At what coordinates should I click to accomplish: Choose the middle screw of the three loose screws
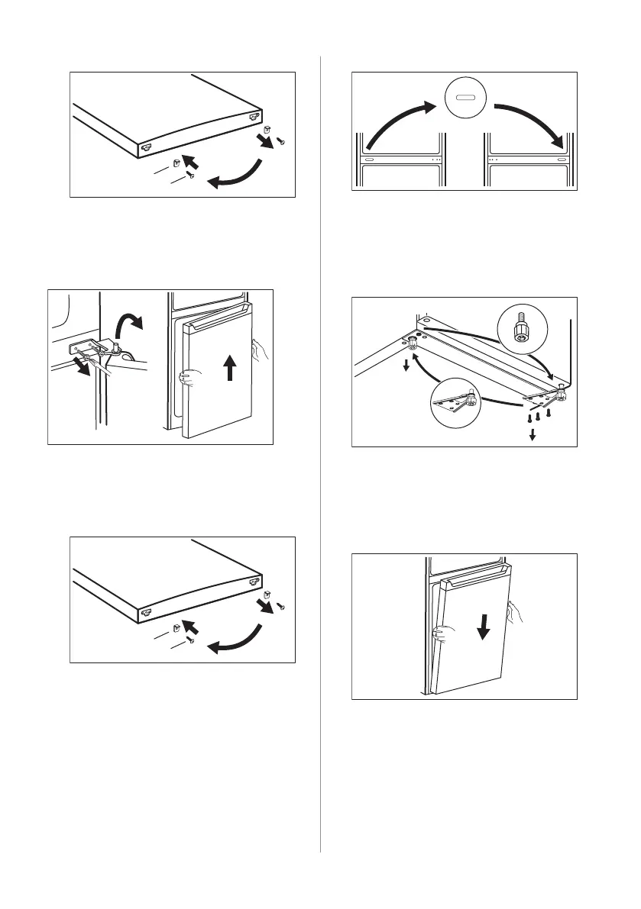[538, 417]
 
